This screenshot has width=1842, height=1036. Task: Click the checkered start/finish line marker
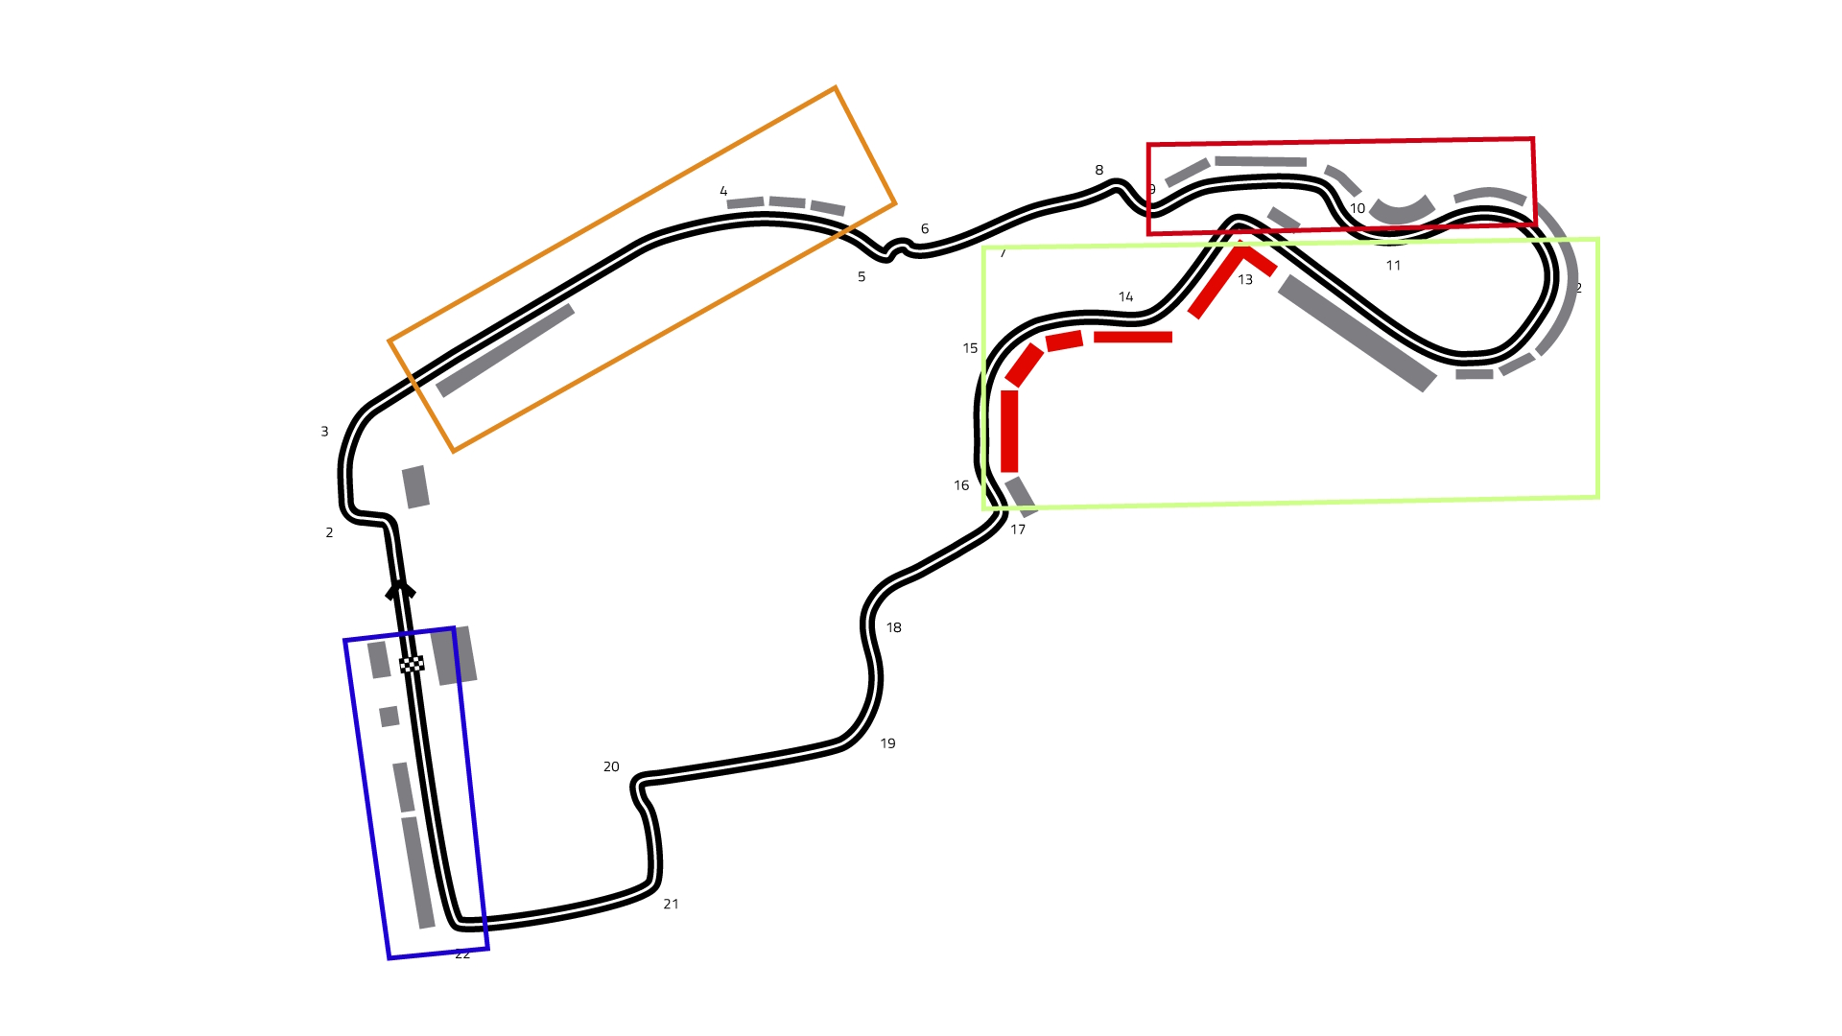[x=412, y=664]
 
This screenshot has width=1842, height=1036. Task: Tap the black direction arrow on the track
[x=400, y=589]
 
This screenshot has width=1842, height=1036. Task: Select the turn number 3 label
[x=324, y=432]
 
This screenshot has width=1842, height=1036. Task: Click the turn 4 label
[x=723, y=192]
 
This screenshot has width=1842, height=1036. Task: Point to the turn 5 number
[x=862, y=277]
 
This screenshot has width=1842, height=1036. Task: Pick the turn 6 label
[x=925, y=229]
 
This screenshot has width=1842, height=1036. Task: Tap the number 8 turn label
[x=1099, y=171]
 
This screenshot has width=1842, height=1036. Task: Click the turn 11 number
[x=1393, y=266]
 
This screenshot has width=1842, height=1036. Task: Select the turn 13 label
[x=1245, y=280]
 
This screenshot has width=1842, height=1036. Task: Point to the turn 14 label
[x=1125, y=297]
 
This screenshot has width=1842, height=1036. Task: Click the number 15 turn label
[x=970, y=348]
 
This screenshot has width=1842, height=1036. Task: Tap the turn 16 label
[x=961, y=485]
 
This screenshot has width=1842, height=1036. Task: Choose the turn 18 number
[x=893, y=627]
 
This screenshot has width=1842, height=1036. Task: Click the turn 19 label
[x=887, y=743]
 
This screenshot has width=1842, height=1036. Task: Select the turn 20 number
[x=611, y=766]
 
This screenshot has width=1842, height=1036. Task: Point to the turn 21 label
[x=671, y=904]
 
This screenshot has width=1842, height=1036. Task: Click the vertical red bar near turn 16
[x=1009, y=431]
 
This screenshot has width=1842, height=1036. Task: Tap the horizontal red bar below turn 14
[x=1133, y=337]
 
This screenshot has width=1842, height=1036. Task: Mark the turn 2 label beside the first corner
[x=329, y=532]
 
